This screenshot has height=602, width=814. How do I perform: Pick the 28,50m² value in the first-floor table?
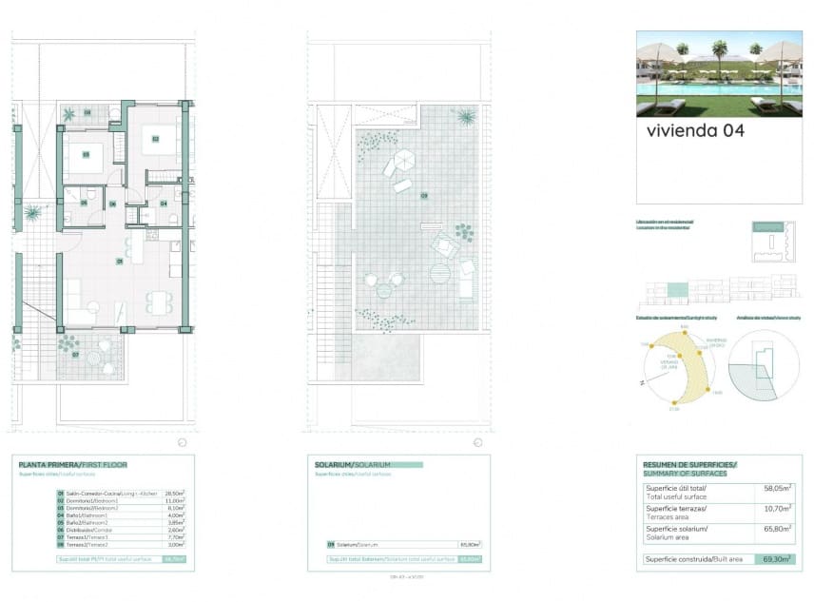pyautogui.click(x=173, y=494)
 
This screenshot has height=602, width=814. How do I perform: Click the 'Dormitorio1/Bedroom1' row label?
pyautogui.click(x=92, y=500)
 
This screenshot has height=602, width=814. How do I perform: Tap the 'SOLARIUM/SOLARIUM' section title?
pyautogui.click(x=355, y=465)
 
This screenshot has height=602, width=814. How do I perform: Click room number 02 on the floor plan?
pyautogui.click(x=154, y=139)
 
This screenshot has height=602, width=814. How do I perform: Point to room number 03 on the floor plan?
pyautogui.click(x=86, y=154)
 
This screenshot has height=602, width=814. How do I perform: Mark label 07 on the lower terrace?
pyautogui.click(x=76, y=354)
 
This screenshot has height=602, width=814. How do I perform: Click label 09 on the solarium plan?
pyautogui.click(x=424, y=197)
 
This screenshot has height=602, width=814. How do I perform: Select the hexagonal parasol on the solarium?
pyautogui.click(x=406, y=159)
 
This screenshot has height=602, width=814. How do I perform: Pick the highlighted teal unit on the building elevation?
pyautogui.click(x=677, y=288)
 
